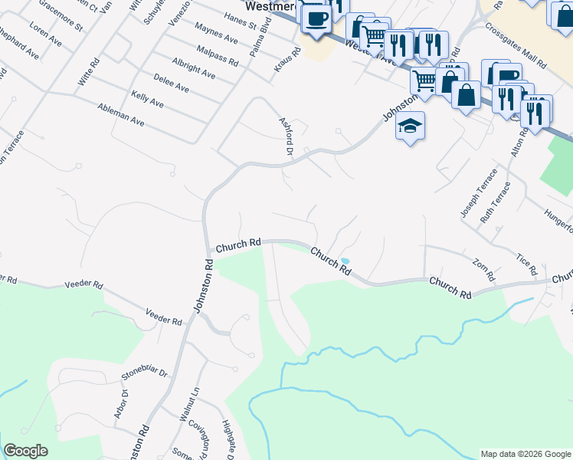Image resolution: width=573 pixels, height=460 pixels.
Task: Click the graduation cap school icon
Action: point(410,126)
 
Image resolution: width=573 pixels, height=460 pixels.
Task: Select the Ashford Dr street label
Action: point(286,136)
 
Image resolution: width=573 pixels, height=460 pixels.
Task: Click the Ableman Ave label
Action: point(121,116)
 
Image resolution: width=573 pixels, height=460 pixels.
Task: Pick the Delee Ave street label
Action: point(171,83)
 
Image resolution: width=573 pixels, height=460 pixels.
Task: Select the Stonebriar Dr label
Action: point(144,373)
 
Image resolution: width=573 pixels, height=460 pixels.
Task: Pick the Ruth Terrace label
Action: point(496,202)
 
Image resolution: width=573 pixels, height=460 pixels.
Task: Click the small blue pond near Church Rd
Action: point(345,261)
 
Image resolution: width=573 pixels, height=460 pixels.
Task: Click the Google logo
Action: point(25,451)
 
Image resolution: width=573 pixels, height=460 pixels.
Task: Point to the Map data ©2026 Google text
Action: point(525,454)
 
